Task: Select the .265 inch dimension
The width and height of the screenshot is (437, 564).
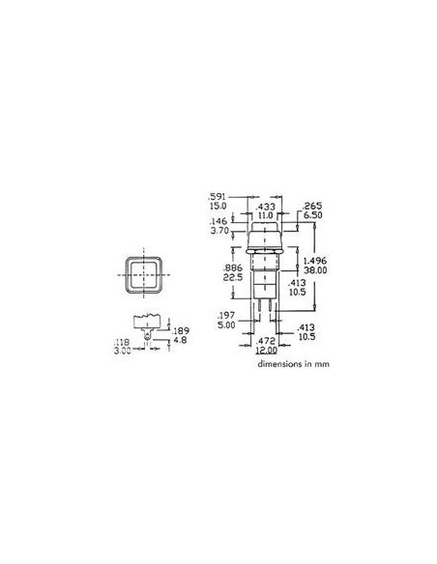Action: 311,207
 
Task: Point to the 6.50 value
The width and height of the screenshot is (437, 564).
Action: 311,218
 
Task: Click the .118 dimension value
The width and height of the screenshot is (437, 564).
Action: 122,342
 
